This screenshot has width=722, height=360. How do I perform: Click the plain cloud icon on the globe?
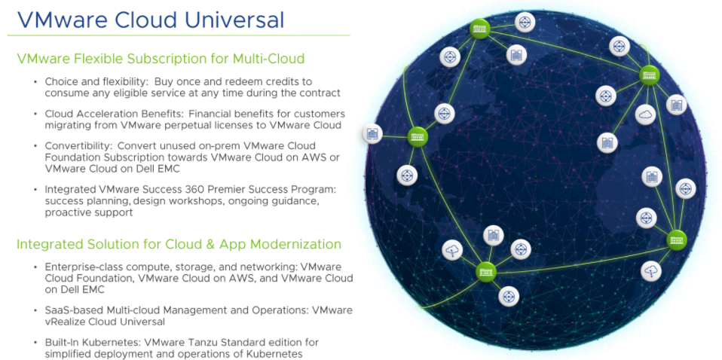pos(645,114)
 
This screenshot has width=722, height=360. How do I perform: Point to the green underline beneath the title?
pos(179,35)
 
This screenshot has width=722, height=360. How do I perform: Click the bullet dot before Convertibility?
pos(35,146)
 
